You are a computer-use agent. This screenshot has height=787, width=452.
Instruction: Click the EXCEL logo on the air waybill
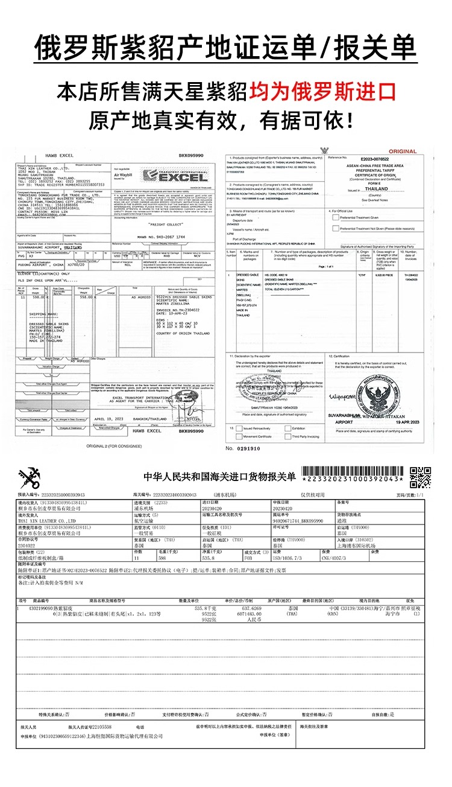[174, 176]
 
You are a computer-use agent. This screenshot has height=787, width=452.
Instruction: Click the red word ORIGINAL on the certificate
[403, 151]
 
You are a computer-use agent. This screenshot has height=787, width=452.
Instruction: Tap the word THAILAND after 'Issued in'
[377, 189]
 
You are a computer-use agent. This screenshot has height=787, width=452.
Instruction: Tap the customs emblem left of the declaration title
[29, 477]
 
